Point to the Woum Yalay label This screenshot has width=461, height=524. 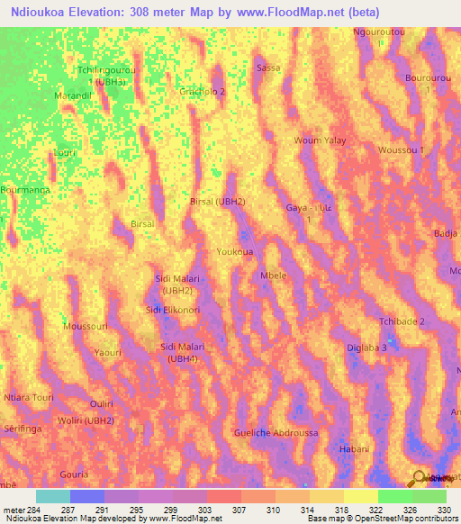[320, 140]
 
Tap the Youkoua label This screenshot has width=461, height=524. [235, 252]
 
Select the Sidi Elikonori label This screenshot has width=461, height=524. [173, 310]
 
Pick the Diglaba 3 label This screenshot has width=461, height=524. [366, 348]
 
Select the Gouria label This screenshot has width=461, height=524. [74, 474]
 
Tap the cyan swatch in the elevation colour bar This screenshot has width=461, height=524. [53, 496]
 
